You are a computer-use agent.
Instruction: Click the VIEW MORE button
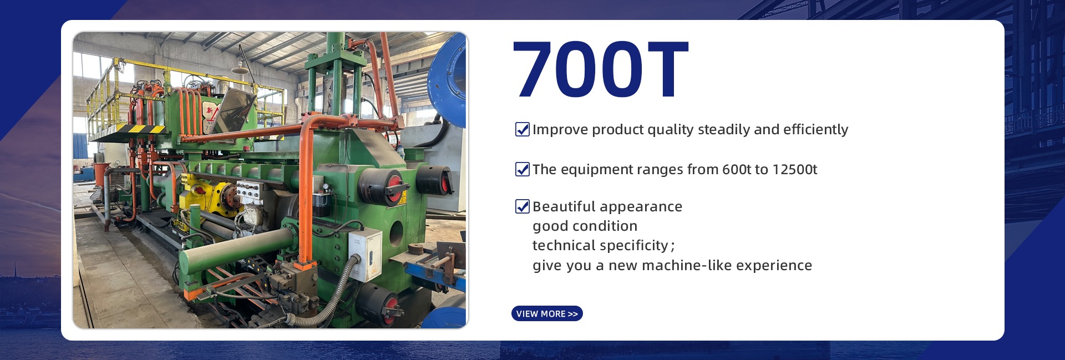[547, 313]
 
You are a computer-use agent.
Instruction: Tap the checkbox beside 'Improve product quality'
[523, 129]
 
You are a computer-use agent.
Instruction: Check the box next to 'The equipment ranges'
[523, 169]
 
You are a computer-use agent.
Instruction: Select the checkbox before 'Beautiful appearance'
[523, 206]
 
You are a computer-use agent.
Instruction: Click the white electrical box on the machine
[364, 255]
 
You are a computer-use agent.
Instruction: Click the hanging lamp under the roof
[240, 70]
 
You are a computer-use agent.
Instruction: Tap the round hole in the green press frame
[396, 234]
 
